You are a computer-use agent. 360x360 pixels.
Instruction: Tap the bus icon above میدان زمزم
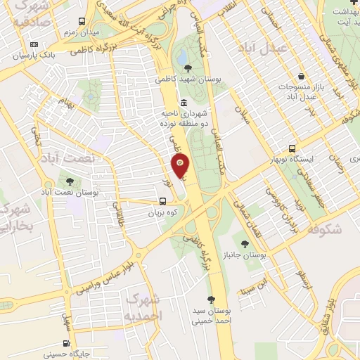coord(82,22)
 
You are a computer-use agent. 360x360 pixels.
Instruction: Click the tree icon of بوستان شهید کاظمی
coord(187,68)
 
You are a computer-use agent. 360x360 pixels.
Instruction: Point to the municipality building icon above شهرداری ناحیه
coord(184,103)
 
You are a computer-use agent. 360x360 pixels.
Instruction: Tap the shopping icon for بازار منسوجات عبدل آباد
coord(301,76)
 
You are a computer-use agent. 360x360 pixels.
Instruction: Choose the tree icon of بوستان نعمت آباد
coord(68,181)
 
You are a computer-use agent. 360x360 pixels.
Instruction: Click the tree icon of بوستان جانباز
coord(245,243)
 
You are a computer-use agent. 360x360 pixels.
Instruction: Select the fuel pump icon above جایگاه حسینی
coord(66,344)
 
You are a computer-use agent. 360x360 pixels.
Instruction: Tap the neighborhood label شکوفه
coord(324,228)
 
